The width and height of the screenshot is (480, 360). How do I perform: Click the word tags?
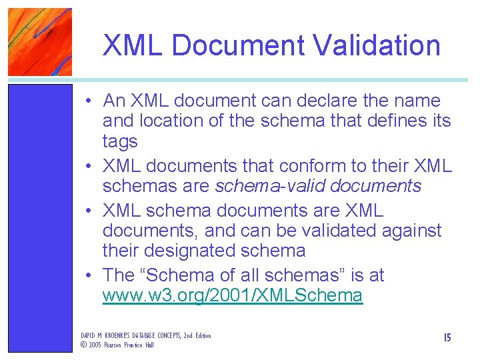point(120,141)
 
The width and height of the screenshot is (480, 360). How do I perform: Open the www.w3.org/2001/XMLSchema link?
point(233,295)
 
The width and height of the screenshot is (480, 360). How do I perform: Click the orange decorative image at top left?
point(39,41)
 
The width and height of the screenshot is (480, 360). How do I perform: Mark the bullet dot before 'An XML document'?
point(88,102)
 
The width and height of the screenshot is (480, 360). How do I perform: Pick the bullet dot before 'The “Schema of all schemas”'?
point(88,276)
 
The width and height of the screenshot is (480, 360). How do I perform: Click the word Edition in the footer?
point(201,335)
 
